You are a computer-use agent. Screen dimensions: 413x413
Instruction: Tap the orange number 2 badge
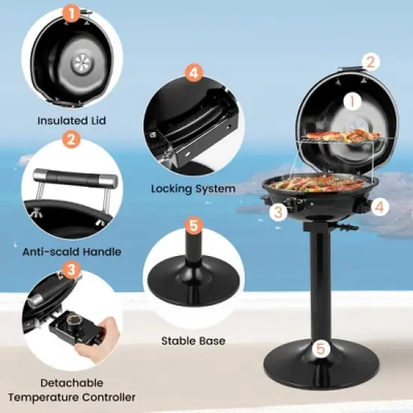70,139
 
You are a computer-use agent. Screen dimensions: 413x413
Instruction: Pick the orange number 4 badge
194,73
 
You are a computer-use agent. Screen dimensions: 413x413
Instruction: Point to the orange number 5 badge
194,225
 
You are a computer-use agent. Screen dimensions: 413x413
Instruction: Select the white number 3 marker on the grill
279,212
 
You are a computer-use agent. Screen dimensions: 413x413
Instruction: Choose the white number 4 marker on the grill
380,205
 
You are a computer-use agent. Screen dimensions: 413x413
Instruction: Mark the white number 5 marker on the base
321,348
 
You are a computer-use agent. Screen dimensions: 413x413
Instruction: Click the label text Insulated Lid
71,120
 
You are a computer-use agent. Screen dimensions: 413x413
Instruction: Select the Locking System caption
193,188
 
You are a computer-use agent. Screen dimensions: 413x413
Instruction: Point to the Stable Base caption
193,341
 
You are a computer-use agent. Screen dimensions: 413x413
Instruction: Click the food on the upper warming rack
333,136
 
